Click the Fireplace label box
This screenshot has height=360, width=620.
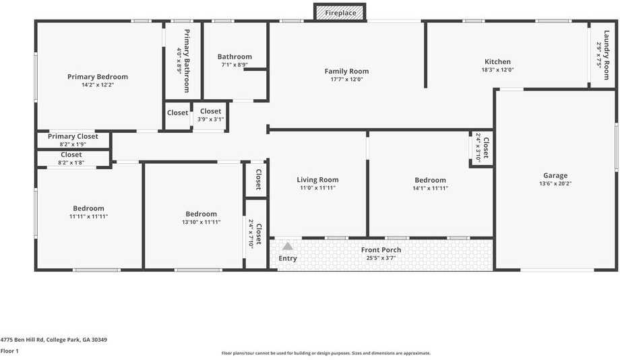click(340, 13)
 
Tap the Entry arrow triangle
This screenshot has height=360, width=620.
click(288, 246)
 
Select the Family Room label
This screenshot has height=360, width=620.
click(346, 71)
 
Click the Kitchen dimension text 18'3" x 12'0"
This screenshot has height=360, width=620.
click(497, 70)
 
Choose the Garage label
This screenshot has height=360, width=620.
click(555, 176)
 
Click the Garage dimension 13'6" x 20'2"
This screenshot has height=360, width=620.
click(555, 184)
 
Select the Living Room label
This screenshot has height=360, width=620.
click(317, 180)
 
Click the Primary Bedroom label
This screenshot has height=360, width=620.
click(98, 77)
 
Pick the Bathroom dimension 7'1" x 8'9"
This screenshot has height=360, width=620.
click(235, 65)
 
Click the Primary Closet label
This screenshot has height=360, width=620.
click(73, 136)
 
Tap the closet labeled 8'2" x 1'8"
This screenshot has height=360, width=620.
click(71, 158)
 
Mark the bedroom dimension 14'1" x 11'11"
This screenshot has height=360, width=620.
click(430, 188)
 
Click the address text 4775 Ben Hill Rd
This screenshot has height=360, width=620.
click(53, 340)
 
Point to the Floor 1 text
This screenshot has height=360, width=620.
click(9, 351)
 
